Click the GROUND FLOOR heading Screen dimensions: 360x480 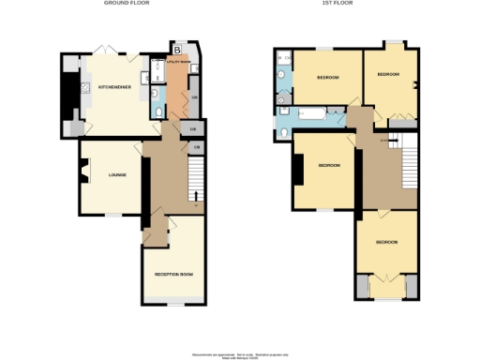click(x=126, y=4)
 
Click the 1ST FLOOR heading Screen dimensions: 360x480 click(x=354, y=4)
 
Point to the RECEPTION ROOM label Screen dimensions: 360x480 click(x=173, y=274)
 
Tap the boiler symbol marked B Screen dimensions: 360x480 click(x=177, y=48)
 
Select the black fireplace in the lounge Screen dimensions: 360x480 click(x=83, y=174)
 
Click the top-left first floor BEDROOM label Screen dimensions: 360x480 click(x=327, y=78)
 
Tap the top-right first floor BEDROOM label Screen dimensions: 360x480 click(x=387, y=74)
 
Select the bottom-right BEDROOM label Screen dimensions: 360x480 click(x=386, y=242)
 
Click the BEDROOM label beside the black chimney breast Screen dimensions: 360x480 click(x=327, y=166)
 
